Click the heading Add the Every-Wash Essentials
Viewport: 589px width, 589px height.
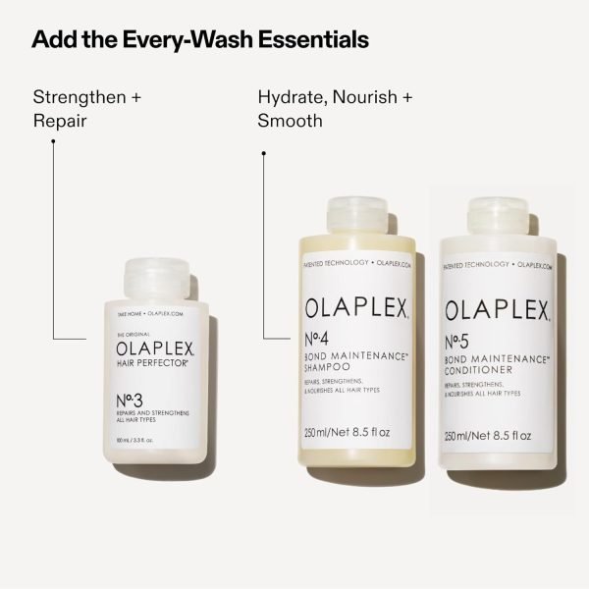coord(200,40)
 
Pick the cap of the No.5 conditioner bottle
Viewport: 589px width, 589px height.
coord(503,220)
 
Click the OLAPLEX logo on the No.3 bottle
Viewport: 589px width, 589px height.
coord(155,348)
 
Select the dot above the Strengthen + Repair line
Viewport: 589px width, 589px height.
coord(53,139)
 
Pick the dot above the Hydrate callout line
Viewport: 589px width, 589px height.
coord(264,152)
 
